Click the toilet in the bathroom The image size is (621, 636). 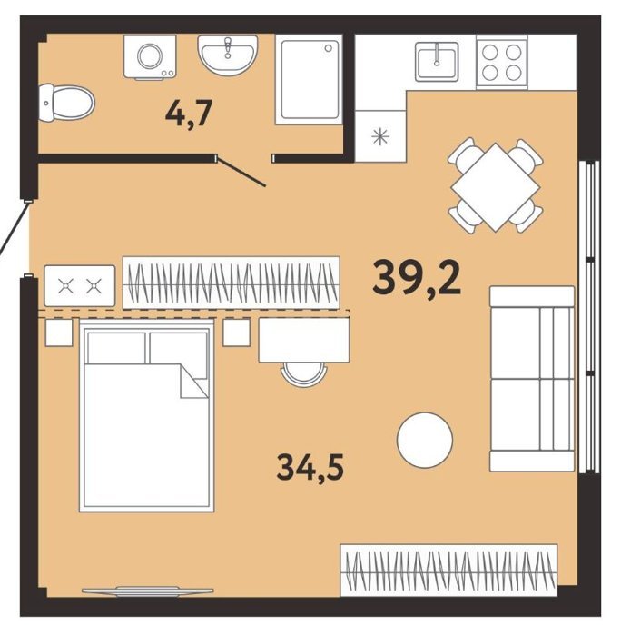pos(66,103)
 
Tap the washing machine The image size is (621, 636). pos(150,56)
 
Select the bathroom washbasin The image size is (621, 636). pos(228,55)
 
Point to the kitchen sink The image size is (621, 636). pos(437,60)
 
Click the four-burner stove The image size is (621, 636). pos(502,62)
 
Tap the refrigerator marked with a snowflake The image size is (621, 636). pos(380,136)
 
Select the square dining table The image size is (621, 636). pos(496,187)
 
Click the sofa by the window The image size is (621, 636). pos(532,379)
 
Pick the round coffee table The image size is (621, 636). pos(425,441)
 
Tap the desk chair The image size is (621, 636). pos(304,374)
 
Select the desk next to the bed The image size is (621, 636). pos(304,340)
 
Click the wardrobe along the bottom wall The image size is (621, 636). pos(449,571)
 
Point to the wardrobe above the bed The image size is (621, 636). pos(231,283)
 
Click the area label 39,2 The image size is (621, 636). pos(417,277)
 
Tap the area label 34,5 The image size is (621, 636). pos(310,467)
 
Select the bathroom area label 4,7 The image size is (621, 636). pos(190,113)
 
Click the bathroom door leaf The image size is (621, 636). pos(241,172)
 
